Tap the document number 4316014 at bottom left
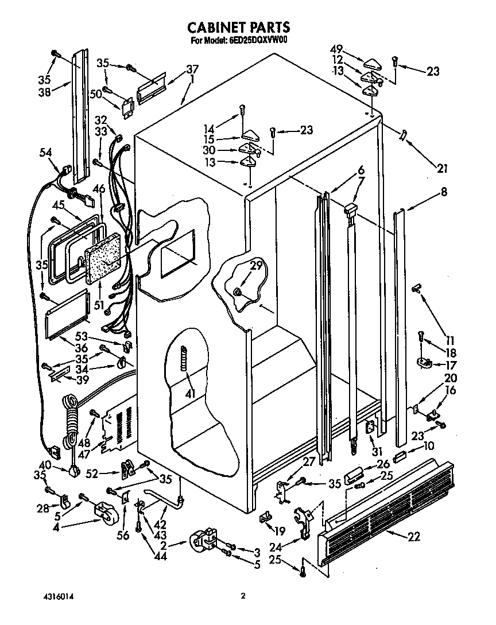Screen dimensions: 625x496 (58, 596)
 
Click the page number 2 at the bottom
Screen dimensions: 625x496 (243, 596)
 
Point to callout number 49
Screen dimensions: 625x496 (337, 49)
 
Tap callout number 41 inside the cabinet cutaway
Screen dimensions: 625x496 (190, 393)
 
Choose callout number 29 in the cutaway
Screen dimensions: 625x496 (256, 265)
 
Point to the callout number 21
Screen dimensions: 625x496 (441, 168)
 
